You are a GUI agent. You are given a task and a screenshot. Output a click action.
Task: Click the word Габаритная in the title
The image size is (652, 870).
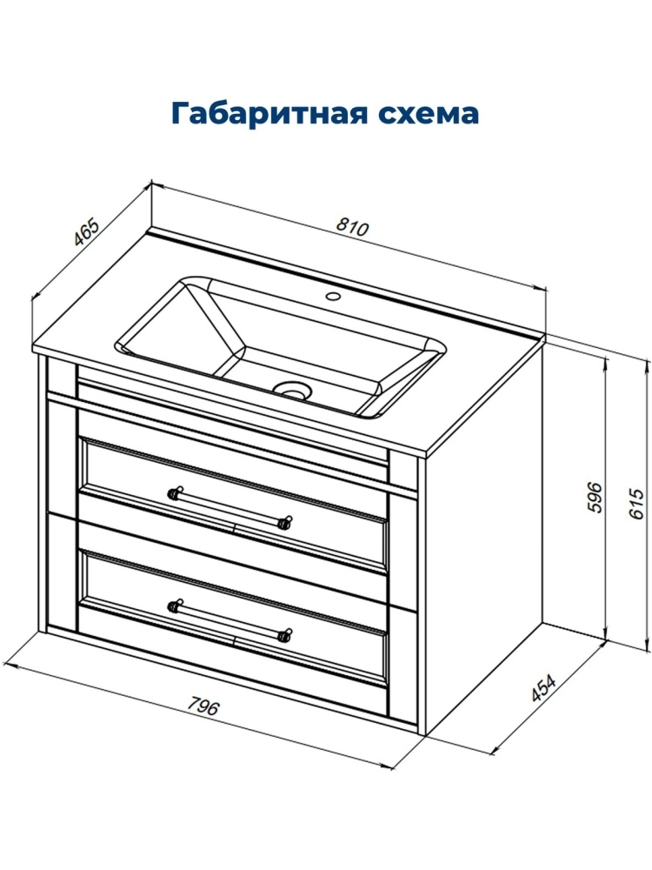(270, 114)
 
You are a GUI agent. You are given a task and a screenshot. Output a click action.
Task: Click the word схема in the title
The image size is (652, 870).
(429, 114)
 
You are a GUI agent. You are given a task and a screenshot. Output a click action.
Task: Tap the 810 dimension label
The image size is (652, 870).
(351, 227)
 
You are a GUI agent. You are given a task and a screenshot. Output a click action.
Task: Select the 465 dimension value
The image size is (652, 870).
(87, 232)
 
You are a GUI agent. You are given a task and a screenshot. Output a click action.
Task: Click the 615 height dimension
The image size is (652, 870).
(636, 504)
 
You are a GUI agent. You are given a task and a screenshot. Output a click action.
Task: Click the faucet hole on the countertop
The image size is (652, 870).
(333, 296)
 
